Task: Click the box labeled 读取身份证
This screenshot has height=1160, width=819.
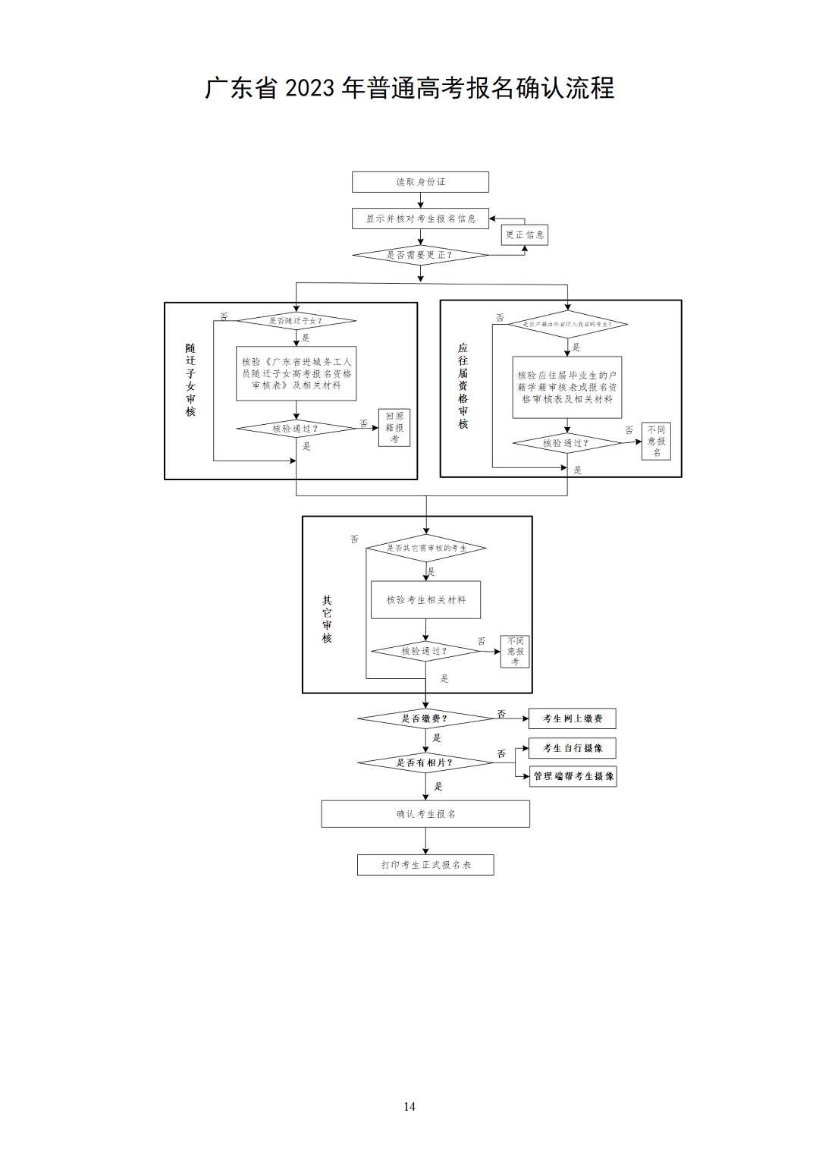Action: pos(420,182)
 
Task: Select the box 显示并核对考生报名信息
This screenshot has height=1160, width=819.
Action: pos(420,218)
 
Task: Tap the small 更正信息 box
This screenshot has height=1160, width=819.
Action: pos(525,235)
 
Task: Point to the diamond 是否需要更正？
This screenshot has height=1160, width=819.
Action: pos(420,255)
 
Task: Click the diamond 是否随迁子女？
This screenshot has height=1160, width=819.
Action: pos(296,321)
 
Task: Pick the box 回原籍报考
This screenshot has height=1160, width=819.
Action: pos(394,428)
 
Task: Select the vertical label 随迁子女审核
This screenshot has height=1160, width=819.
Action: pos(190,380)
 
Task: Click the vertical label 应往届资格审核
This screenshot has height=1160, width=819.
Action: pos(463,386)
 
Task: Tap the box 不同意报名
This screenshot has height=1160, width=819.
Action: pos(656,441)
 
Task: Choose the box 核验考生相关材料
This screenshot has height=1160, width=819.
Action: pos(425,600)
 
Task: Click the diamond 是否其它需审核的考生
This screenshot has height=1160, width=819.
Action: pos(426,548)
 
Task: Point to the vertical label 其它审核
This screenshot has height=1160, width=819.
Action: pos(327,619)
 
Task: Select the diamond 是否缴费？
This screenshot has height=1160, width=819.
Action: pos(425,718)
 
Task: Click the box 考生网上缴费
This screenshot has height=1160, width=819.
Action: pos(573,718)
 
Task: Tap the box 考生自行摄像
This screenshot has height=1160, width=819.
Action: pos(573,748)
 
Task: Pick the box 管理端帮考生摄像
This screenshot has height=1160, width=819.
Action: pos(573,776)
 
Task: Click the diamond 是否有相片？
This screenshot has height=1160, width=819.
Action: pos(425,762)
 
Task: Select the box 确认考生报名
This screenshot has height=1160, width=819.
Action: pos(425,814)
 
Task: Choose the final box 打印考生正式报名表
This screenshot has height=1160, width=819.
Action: pos(425,865)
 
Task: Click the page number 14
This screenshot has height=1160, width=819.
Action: pos(409,1107)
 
